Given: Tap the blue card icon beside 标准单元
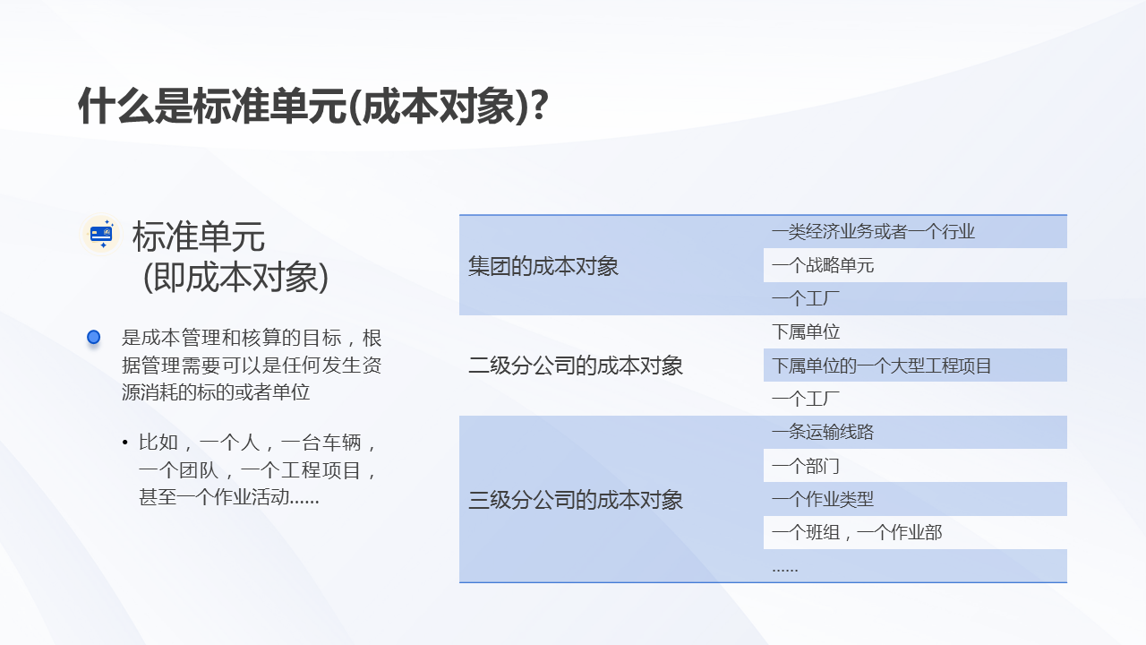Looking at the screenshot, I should click(x=101, y=235).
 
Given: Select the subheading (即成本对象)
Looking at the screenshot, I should click(x=235, y=278).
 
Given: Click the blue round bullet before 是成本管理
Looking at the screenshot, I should click(x=93, y=338).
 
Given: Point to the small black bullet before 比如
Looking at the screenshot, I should click(x=124, y=443).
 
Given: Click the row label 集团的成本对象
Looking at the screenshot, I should click(x=543, y=266).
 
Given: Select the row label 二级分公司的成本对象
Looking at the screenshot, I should click(x=575, y=365).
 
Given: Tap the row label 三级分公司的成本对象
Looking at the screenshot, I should click(x=575, y=500).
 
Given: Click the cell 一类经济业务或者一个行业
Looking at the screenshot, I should click(x=873, y=232).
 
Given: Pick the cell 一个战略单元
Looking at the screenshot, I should click(x=822, y=265).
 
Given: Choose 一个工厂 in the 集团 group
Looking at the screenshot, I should click(x=806, y=299).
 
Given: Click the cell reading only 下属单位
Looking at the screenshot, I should click(x=806, y=332).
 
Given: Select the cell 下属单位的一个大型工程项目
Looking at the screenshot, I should click(x=881, y=365).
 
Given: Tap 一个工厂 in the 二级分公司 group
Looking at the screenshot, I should click(x=806, y=400).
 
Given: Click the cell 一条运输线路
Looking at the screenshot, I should click(x=822, y=433).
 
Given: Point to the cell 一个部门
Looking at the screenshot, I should click(x=806, y=466).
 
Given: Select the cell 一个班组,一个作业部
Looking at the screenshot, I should click(x=856, y=533).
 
